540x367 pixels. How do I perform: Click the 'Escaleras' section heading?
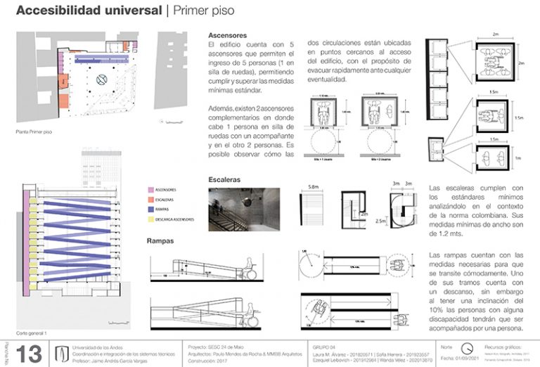click(226, 180)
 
